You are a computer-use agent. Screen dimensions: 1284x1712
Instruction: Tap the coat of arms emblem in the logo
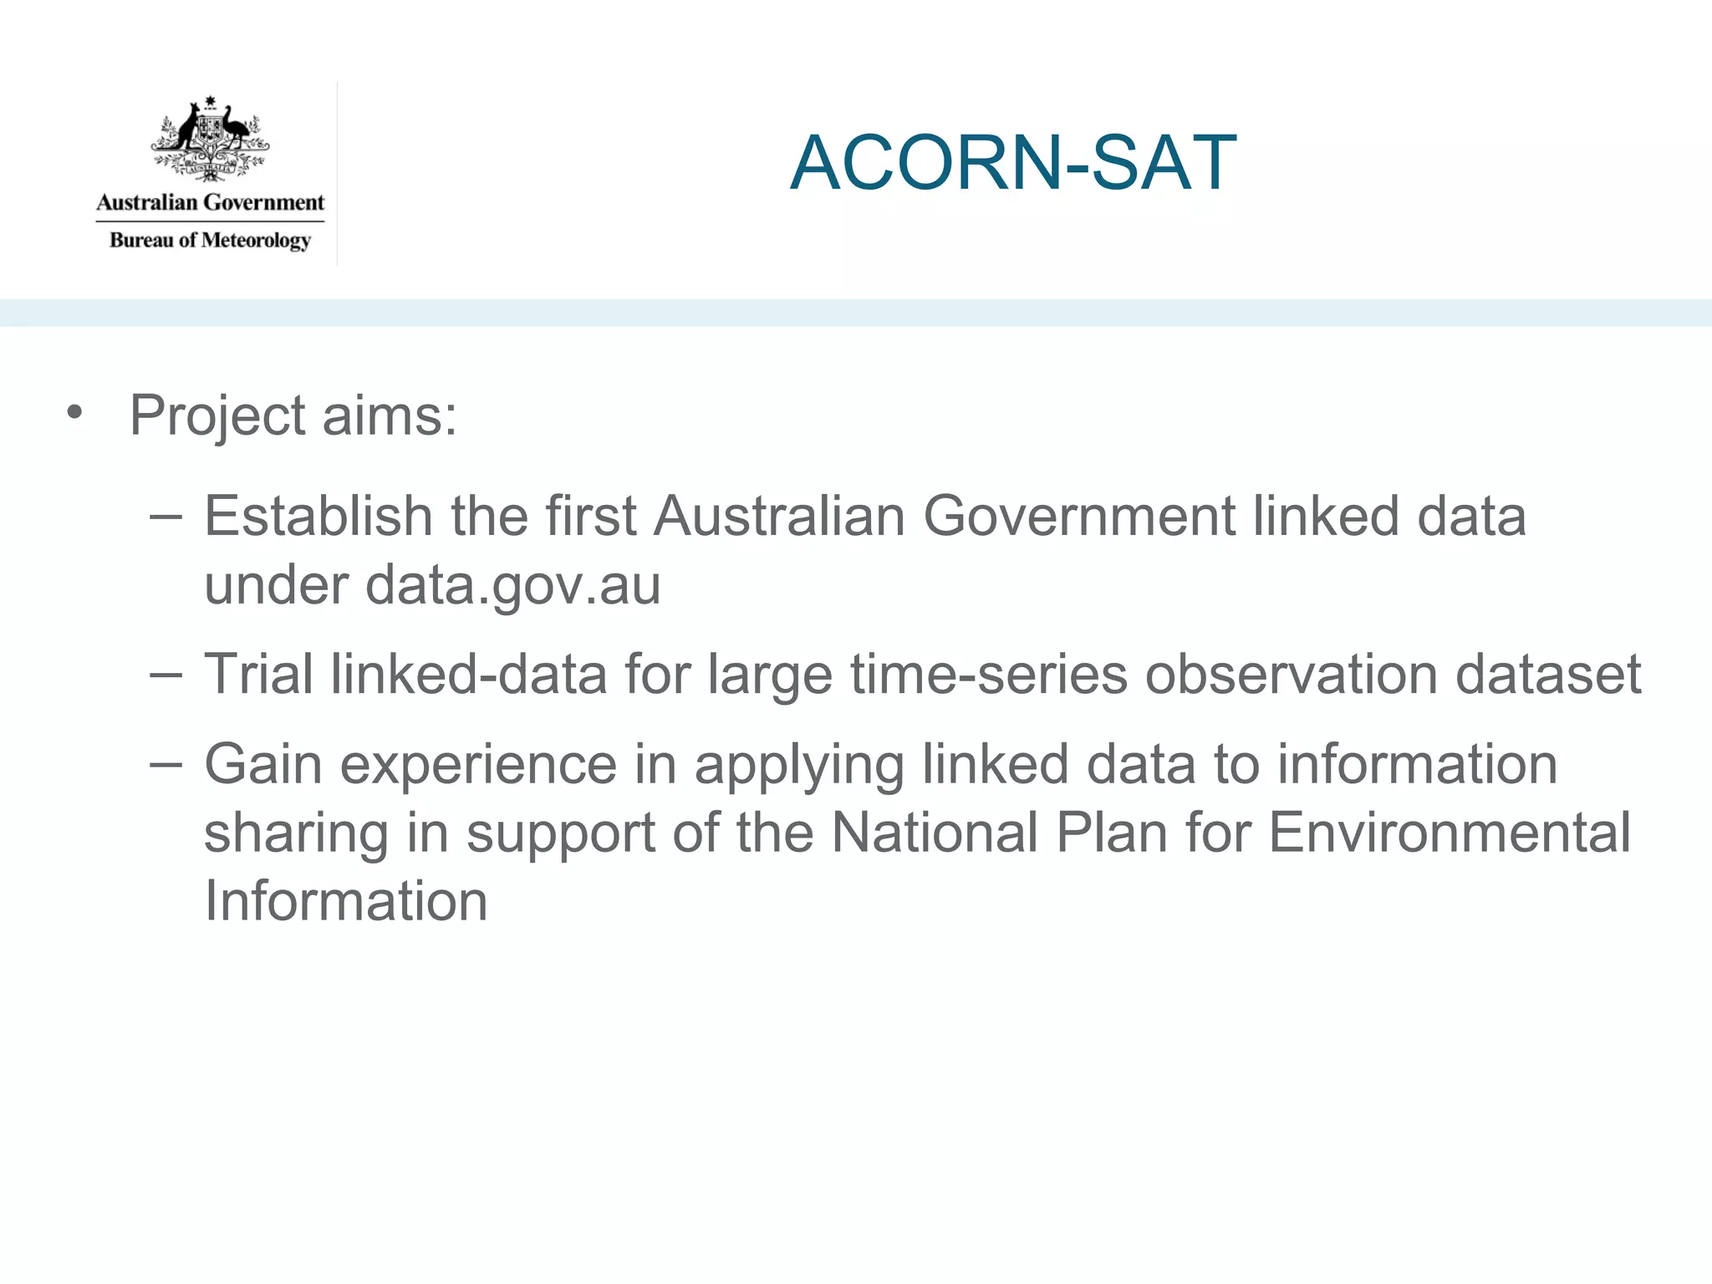click(210, 139)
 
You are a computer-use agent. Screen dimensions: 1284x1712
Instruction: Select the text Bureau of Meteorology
click(210, 241)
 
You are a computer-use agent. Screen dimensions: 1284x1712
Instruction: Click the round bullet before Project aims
click(75, 412)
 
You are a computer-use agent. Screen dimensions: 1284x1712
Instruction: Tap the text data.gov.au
click(512, 584)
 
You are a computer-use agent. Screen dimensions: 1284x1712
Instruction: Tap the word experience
click(478, 766)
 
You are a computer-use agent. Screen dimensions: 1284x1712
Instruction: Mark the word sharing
click(296, 834)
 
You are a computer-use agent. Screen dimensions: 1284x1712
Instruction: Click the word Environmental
click(1449, 833)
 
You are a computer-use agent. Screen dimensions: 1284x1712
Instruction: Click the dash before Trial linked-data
click(166, 674)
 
